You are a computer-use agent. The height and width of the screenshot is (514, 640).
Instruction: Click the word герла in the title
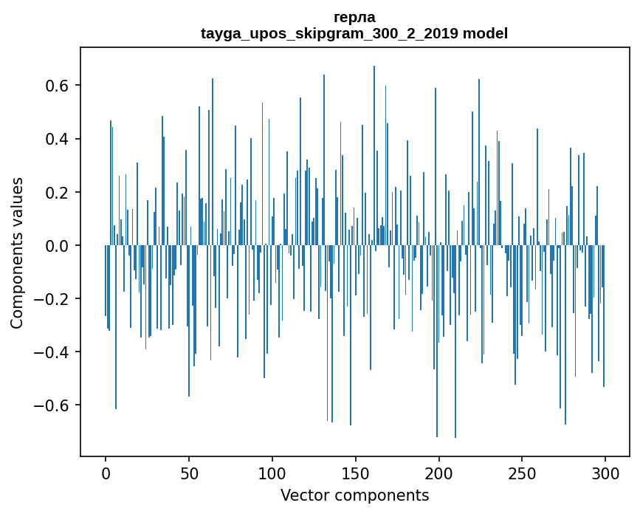click(x=354, y=17)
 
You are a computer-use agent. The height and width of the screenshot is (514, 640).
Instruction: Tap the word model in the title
click(x=485, y=33)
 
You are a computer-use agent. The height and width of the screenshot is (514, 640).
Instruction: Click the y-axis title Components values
click(x=17, y=253)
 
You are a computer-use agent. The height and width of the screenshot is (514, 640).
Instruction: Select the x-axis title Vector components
click(x=354, y=496)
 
